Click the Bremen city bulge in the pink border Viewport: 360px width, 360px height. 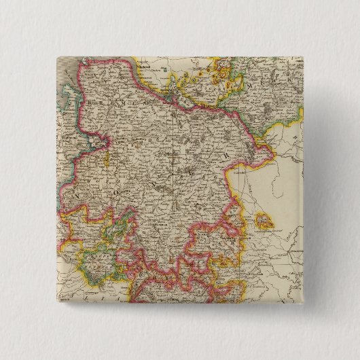(x=102, y=143)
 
